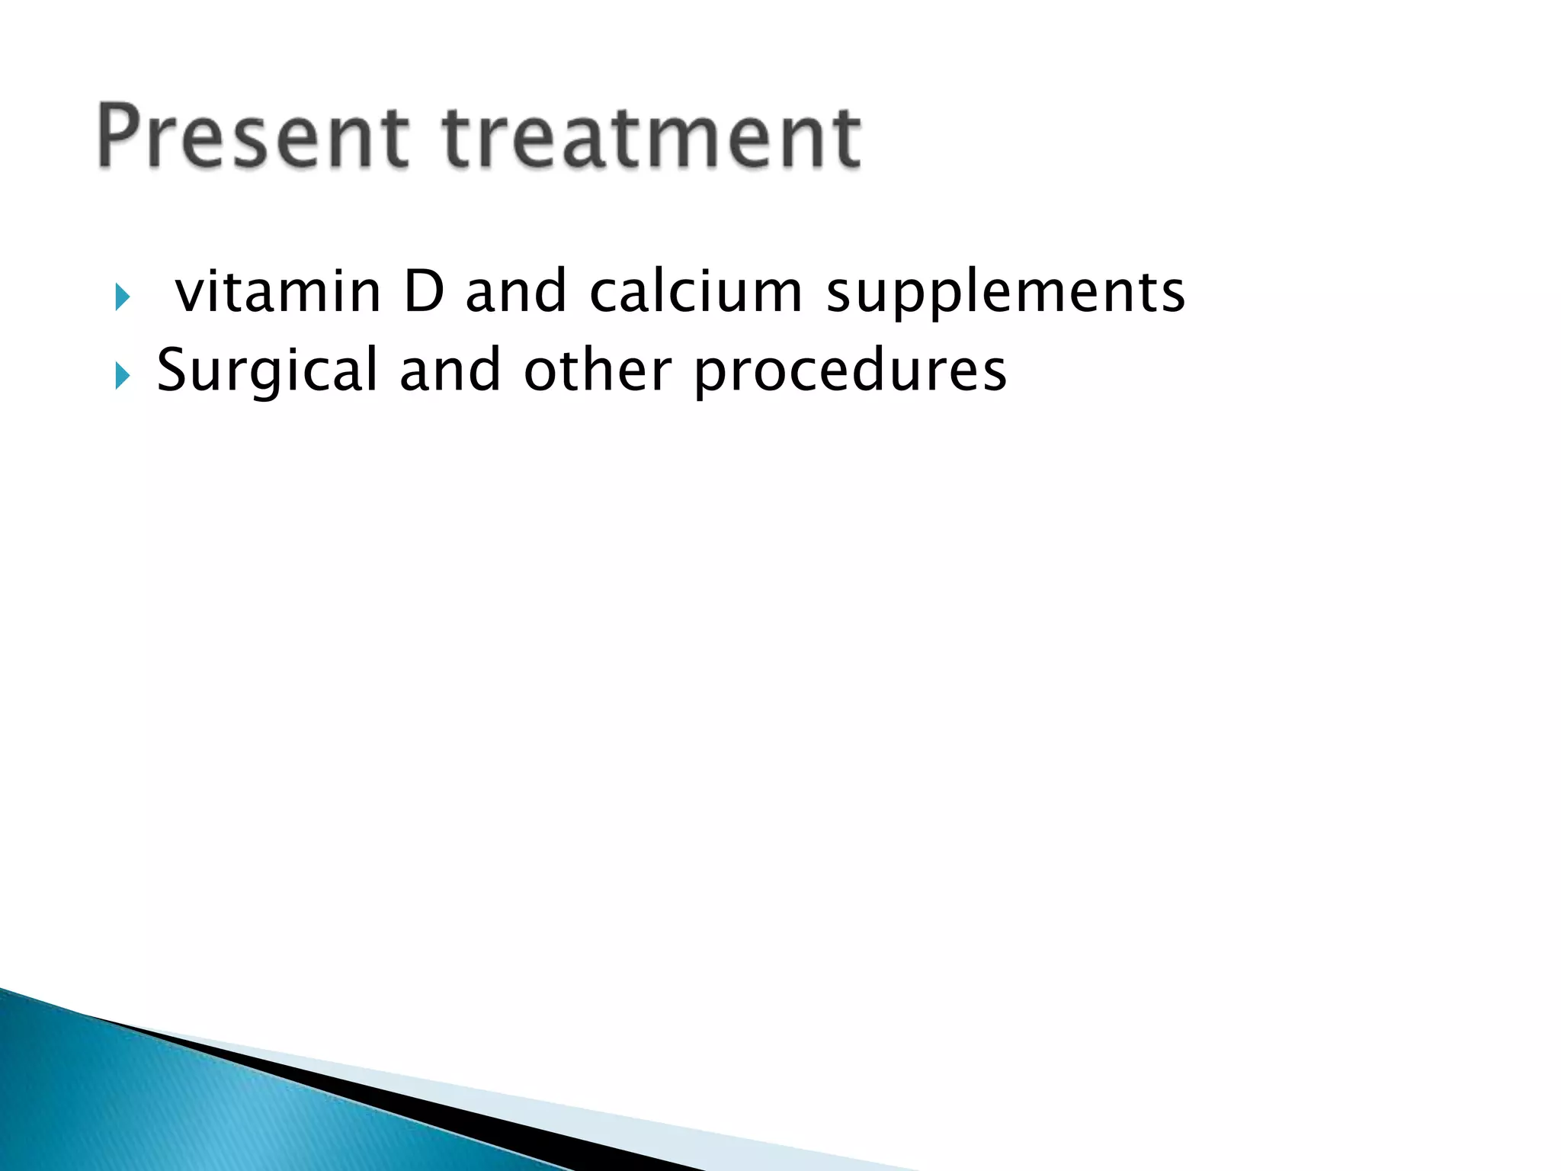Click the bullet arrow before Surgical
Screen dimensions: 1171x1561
[122, 375]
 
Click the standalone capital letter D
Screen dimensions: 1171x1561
[424, 291]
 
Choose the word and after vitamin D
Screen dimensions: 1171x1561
[516, 291]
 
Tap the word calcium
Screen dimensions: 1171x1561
[696, 291]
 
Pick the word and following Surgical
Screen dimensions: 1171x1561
[450, 371]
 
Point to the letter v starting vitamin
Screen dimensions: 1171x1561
[188, 294]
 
